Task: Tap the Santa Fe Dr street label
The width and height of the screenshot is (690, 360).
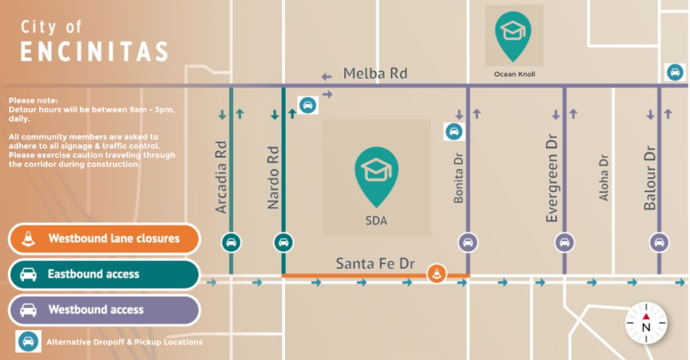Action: tap(375, 264)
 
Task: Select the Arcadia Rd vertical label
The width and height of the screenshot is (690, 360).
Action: tap(221, 178)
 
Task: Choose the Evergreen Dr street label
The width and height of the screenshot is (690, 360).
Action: tap(552, 179)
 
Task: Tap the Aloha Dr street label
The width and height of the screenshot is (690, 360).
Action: tap(604, 177)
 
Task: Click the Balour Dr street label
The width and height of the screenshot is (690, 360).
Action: tap(650, 178)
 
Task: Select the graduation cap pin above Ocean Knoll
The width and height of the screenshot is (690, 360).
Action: tap(513, 33)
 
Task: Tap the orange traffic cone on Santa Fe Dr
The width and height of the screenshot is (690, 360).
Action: tap(436, 274)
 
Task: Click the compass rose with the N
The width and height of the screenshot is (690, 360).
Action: tap(646, 323)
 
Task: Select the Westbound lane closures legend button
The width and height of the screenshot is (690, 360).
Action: tap(104, 239)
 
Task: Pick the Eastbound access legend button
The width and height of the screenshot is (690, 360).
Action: tap(104, 274)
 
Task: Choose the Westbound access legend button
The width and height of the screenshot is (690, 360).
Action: tap(104, 310)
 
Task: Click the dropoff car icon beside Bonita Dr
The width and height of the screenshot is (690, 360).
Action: tap(454, 132)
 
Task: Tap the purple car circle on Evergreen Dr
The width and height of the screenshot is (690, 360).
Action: tap(565, 242)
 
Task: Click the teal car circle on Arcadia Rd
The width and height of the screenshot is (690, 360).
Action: tap(231, 242)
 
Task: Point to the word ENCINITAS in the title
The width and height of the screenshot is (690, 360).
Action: tap(94, 52)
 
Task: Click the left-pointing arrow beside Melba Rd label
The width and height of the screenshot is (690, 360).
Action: tap(327, 76)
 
